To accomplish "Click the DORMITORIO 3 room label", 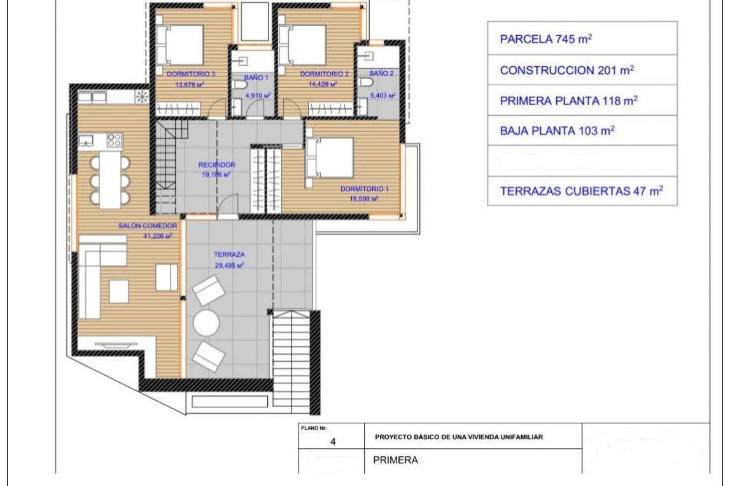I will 191,74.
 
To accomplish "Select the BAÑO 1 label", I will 256,77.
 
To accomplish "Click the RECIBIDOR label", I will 217,165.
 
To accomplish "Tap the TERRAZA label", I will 229,254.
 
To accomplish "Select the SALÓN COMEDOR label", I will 148,226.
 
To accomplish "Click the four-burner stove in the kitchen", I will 114,140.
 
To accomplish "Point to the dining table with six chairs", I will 110,180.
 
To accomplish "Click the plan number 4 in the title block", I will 333,442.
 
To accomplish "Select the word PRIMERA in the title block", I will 395,460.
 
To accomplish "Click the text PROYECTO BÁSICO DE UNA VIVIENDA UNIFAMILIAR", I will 459,437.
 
